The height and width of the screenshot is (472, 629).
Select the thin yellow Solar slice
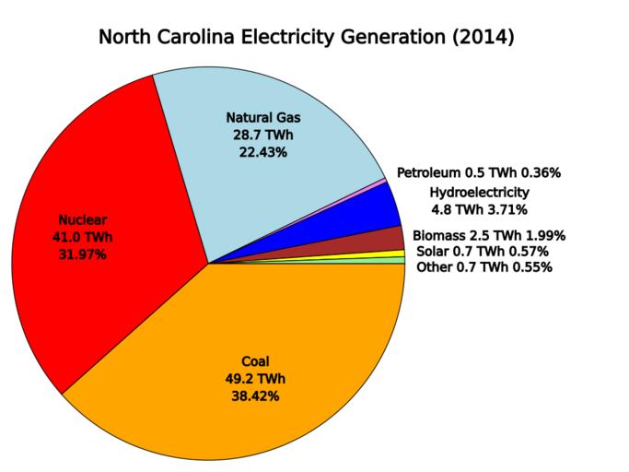396,254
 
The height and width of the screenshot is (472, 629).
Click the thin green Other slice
396,261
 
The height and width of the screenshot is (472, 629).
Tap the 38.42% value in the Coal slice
255,395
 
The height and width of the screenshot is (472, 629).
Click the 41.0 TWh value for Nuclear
83,237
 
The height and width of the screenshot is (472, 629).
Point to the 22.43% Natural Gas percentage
262,152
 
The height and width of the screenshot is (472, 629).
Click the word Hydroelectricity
479,192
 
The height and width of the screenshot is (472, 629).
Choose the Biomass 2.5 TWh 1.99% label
489,235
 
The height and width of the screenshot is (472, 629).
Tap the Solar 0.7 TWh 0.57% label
483,251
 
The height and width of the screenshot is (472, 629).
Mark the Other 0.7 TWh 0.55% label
483,267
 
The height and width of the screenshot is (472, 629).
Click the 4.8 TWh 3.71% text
479,209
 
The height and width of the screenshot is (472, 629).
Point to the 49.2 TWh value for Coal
255,378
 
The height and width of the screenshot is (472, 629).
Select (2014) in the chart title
476,39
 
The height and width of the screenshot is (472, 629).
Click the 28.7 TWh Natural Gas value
262,135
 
